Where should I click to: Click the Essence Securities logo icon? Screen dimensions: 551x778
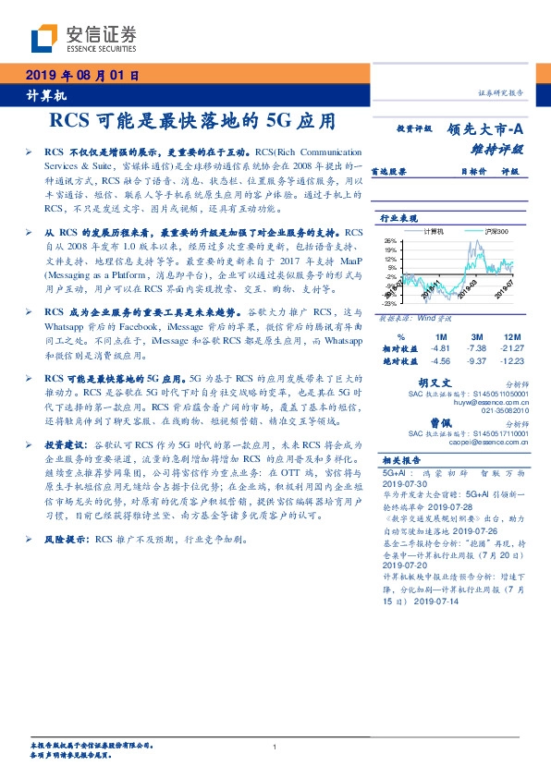pos(44,38)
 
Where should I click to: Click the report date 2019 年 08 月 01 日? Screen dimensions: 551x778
pos(82,77)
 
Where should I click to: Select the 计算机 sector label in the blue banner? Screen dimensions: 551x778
pos(40,97)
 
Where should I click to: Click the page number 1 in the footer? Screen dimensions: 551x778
pos(275,747)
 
